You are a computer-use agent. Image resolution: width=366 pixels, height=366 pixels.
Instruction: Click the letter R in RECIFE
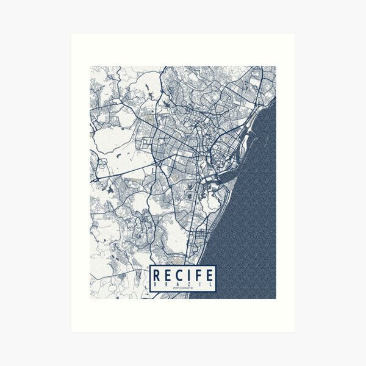[158, 273]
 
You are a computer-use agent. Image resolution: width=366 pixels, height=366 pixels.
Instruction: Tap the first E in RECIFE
[168, 273]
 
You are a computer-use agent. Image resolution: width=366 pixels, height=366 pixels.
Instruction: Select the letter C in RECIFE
[179, 273]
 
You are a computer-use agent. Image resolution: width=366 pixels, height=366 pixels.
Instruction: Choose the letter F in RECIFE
[197, 273]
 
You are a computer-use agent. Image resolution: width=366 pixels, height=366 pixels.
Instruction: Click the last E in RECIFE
[207, 273]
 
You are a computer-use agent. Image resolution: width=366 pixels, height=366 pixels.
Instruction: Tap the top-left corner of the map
[91, 67]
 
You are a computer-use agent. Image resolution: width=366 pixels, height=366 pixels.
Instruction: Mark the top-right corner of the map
[275, 67]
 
